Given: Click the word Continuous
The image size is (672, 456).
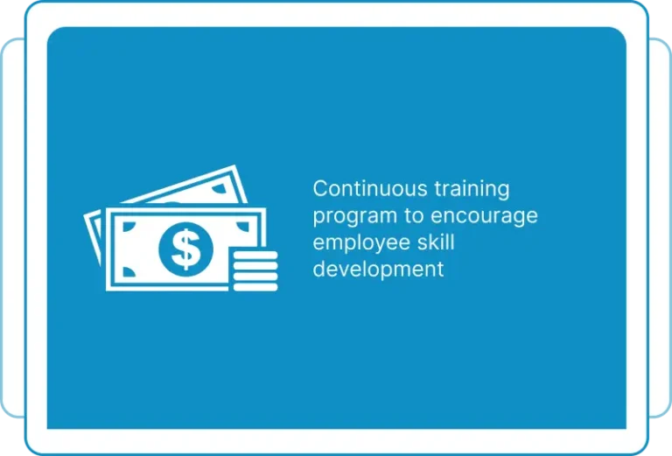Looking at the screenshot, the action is click(x=370, y=188).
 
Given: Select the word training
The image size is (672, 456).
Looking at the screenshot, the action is click(x=472, y=190).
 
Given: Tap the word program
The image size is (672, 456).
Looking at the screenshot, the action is click(x=355, y=217).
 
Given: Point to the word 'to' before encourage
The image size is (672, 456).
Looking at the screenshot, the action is click(x=414, y=216).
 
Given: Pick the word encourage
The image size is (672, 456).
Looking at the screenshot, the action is click(x=484, y=217).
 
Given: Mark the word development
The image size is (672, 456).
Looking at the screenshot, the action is click(x=378, y=270).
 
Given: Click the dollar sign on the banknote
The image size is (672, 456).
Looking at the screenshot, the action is click(x=185, y=249).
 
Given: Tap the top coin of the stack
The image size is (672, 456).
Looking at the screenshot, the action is click(x=255, y=255).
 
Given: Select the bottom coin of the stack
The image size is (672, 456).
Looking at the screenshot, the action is click(x=255, y=287).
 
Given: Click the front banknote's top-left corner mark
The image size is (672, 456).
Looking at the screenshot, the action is click(x=128, y=226).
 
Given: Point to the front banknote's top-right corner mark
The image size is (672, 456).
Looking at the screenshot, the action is click(x=243, y=226).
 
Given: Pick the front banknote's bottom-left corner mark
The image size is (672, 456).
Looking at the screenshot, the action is click(x=128, y=272).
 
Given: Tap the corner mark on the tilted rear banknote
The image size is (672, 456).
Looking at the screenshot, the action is click(x=220, y=188).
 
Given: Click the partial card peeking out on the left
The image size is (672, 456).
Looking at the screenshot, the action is click(x=13, y=228).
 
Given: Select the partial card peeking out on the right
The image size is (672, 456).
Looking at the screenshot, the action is click(x=660, y=228).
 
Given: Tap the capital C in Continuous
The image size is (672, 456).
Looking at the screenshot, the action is click(x=320, y=188).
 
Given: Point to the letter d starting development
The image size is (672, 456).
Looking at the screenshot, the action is click(x=319, y=269).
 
